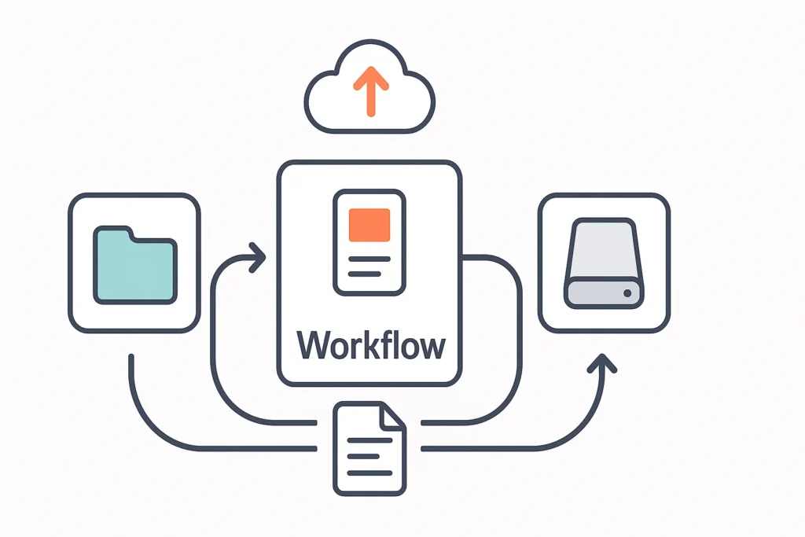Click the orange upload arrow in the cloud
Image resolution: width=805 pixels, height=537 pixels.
[370, 89]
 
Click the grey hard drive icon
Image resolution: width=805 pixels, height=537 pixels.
[603, 263]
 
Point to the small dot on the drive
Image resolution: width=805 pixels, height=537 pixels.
[627, 292]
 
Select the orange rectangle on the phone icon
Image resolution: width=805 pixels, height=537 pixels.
[369, 224]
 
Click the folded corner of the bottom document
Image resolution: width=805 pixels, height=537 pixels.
[394, 415]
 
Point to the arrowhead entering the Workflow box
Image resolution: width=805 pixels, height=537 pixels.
[257, 257]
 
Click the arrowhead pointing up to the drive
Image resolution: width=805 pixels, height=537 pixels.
[603, 363]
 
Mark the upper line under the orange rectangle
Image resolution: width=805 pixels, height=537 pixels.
[369, 259]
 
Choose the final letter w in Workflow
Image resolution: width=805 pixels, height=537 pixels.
[429, 347]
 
